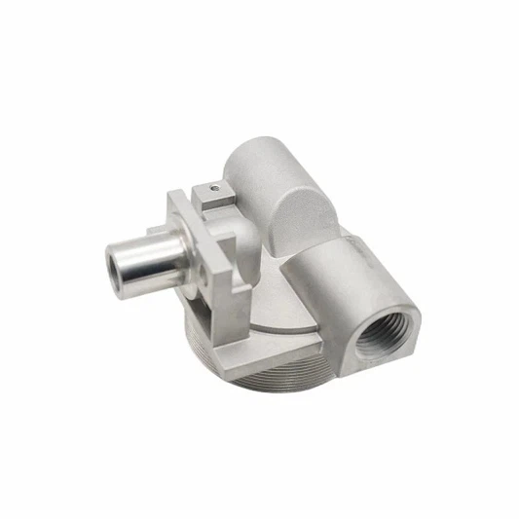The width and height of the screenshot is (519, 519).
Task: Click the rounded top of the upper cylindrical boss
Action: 263,161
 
